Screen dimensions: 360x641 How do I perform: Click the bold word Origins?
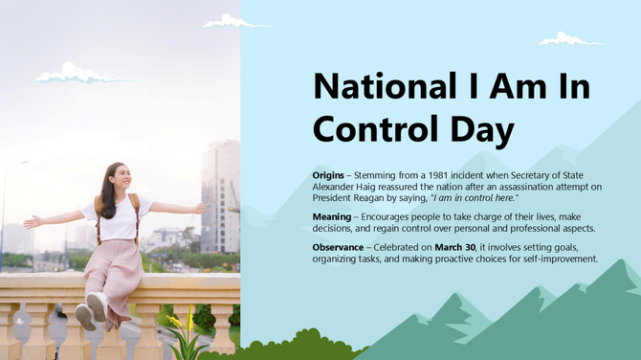tap(331, 176)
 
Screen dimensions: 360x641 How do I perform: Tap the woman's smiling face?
tap(122, 178)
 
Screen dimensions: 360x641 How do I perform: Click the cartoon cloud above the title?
tap(570, 39)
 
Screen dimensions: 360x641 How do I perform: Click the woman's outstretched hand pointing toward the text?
tap(199, 207)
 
